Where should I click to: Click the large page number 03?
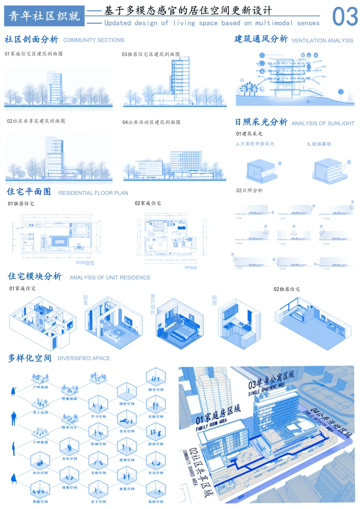click(345, 17)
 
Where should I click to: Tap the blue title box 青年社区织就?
click(44, 16)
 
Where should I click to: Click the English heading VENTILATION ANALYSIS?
click(322, 41)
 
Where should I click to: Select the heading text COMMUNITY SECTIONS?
click(94, 40)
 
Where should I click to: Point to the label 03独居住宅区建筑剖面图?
click(151, 54)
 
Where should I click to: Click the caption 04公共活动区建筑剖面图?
click(151, 122)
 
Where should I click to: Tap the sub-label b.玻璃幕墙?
click(319, 144)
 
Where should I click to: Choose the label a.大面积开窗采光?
click(255, 144)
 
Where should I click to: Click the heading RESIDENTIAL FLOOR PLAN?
click(93, 193)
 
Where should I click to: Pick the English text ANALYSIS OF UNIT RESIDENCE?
click(110, 278)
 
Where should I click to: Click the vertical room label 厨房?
click(214, 300)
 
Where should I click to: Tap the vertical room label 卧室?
click(86, 300)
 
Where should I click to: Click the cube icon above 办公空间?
click(40, 461)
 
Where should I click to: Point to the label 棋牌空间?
click(127, 460)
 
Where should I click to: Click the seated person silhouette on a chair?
click(14, 479)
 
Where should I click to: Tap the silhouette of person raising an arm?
click(14, 391)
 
